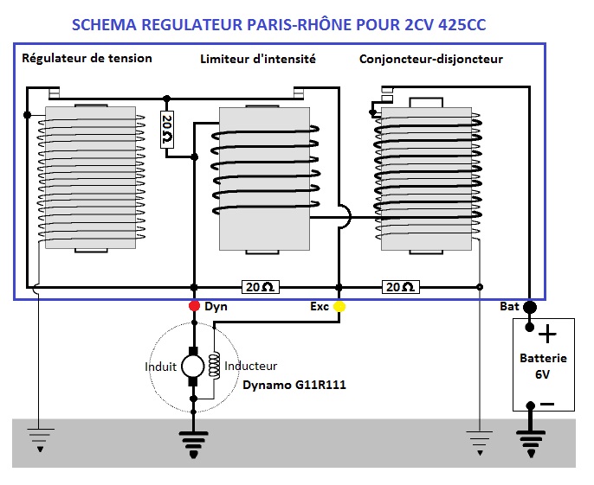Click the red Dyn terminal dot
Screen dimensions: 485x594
pyautogui.click(x=194, y=306)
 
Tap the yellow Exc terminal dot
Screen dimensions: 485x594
pyautogui.click(x=339, y=306)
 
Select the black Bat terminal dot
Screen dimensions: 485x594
pyautogui.click(x=529, y=307)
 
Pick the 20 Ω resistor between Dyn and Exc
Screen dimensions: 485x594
pyautogui.click(x=260, y=287)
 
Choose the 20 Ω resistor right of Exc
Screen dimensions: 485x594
pyautogui.click(x=401, y=287)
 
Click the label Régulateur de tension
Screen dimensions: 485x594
pyautogui.click(x=87, y=59)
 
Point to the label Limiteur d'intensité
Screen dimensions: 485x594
pyautogui.click(x=257, y=60)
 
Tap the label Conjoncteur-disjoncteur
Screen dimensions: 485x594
pyautogui.click(x=430, y=60)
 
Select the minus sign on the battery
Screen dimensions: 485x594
pyautogui.click(x=547, y=403)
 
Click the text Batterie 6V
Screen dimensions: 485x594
pyautogui.click(x=543, y=365)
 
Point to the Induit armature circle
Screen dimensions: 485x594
pyautogui.click(x=193, y=366)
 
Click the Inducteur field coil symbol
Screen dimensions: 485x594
pyautogui.click(x=214, y=365)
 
